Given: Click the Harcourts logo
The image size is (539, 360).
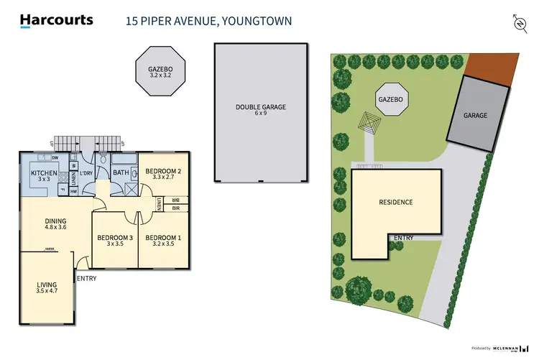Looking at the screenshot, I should (57, 20).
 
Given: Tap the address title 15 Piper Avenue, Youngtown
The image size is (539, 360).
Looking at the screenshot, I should (209, 21).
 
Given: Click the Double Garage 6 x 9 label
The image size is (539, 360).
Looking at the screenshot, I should (260, 110).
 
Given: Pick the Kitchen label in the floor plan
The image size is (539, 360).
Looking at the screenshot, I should (43, 177).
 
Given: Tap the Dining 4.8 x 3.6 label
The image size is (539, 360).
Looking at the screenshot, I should (55, 225).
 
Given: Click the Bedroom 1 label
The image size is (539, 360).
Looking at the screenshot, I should (163, 240).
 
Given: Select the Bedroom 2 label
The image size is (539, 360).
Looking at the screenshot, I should (163, 173).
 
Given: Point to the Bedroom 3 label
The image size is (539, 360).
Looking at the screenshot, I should (115, 240).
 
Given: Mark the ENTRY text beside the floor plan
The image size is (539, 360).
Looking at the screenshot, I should (87, 279).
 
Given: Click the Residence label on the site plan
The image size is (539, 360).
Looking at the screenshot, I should (396, 202).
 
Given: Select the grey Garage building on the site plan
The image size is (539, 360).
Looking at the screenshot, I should (475, 115).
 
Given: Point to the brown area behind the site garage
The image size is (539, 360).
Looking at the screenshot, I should (495, 66).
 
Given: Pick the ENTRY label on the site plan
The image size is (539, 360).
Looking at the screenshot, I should (404, 238).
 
